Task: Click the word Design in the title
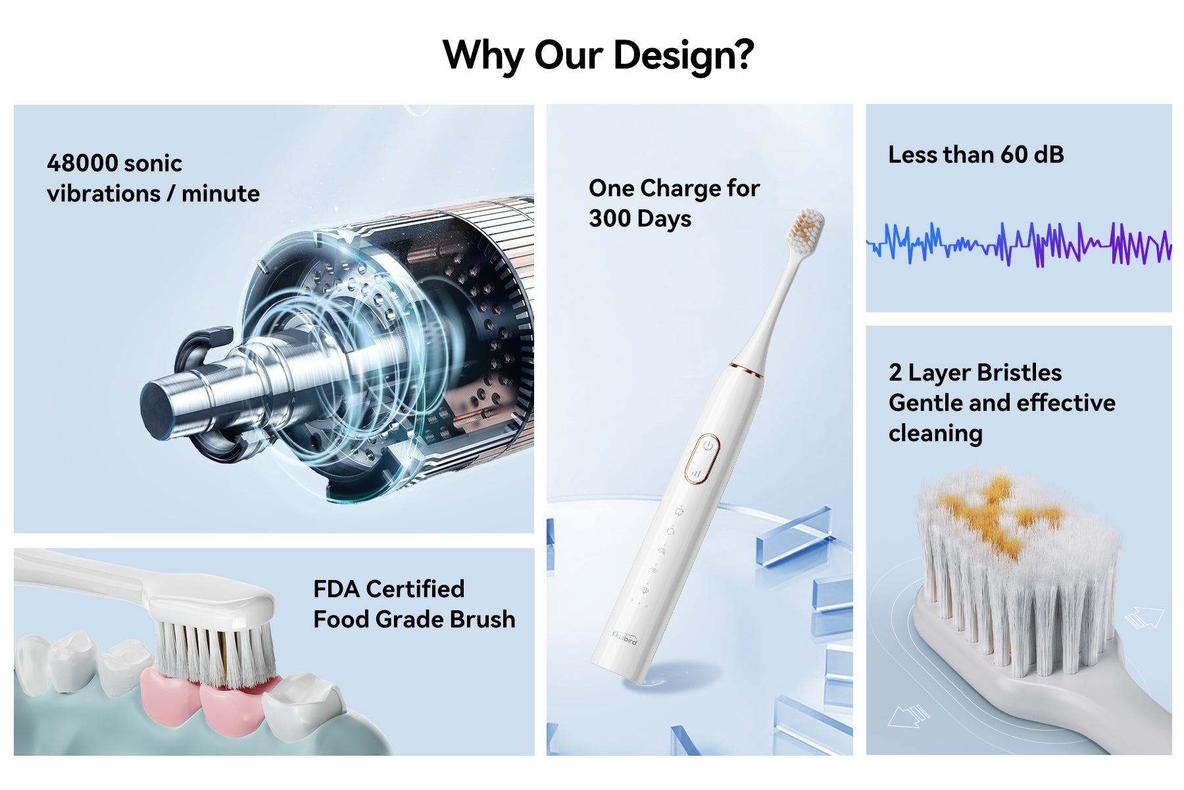[684, 55]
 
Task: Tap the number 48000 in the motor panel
[82, 163]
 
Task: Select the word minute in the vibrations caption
[220, 194]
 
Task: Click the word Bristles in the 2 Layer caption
[1018, 373]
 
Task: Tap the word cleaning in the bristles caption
[935, 434]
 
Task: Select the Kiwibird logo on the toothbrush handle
[624, 637]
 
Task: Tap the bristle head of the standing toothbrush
[806, 231]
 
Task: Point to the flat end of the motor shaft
[155, 408]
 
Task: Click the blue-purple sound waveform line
[1019, 245]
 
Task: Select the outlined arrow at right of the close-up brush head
[1144, 618]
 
